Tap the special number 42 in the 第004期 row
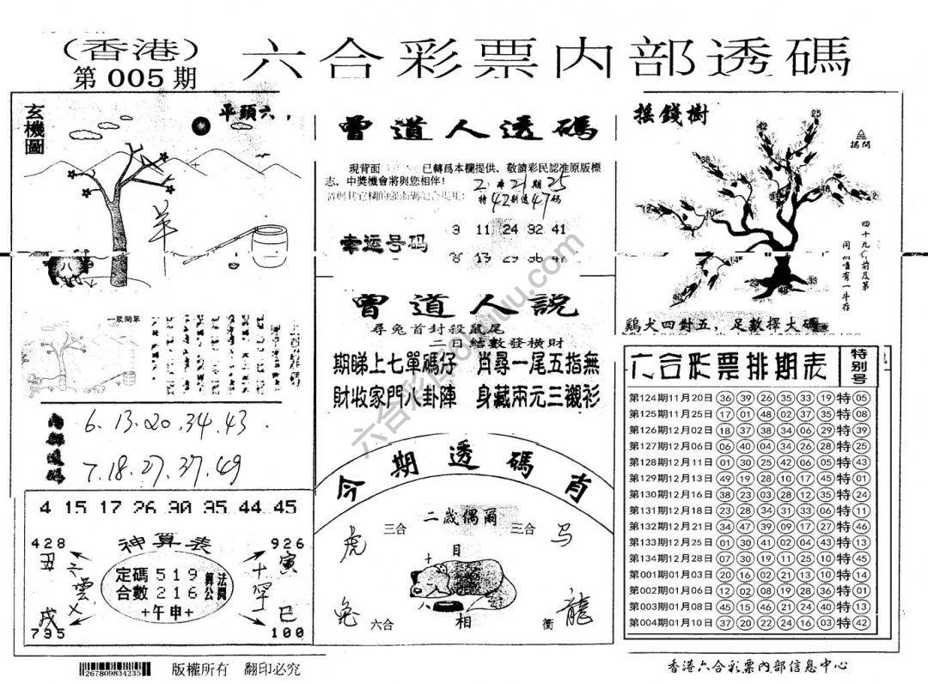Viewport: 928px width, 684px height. click(x=863, y=623)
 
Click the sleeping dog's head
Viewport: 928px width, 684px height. click(x=427, y=570)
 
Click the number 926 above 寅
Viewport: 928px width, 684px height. click(x=287, y=543)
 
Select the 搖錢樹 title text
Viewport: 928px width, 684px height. click(x=671, y=113)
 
